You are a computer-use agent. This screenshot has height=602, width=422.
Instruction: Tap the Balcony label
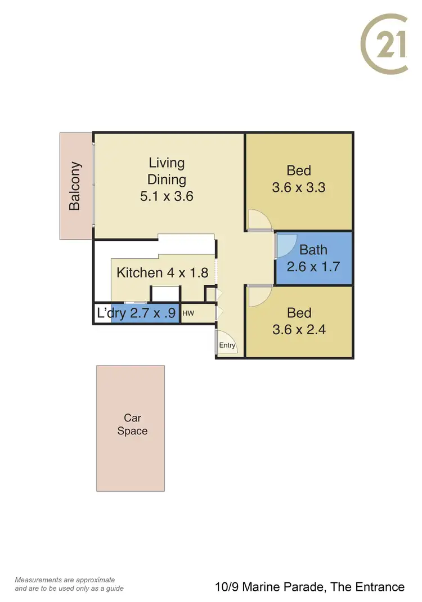pos(75,186)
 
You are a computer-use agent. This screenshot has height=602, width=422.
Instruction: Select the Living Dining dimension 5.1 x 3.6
pos(167,196)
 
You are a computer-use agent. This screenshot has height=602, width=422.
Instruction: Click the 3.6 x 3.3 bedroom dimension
pos(299,187)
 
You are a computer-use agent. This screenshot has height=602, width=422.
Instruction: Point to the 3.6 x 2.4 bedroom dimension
pos(299,329)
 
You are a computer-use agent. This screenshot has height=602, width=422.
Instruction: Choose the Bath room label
pos(313,250)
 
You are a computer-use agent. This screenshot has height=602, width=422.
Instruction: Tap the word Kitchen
pos(139,273)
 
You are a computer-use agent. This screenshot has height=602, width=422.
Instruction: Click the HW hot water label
pos(188,313)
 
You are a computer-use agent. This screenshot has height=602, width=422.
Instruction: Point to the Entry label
pos(227,345)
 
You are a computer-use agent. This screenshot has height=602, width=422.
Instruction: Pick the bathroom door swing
pos(286,245)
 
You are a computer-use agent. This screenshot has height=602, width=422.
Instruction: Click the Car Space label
pos(132,424)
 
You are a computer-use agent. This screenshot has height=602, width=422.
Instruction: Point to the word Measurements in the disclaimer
pos(38,579)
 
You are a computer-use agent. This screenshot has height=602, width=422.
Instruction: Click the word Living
pos(167,163)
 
